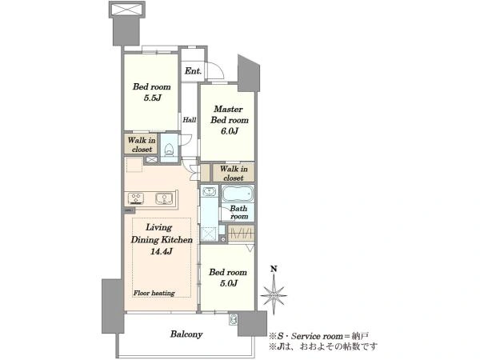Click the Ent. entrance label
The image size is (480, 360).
click(193, 71)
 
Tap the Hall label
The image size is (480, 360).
click(190, 120)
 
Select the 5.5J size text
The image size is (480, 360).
click(152, 98)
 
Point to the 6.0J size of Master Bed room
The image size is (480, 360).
click(230, 131)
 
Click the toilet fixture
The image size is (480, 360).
click(169, 149)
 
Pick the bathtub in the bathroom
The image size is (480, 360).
click(238, 194)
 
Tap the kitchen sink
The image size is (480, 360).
click(164, 198)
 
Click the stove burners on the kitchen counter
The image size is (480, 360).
click(136, 198)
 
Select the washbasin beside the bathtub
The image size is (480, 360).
click(209, 192)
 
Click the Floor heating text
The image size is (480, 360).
click(154, 293)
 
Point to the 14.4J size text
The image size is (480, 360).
click(162, 252)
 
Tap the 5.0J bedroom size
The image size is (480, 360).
click(228, 283)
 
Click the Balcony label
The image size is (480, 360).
click(186, 334)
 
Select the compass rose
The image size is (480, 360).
click(274, 296)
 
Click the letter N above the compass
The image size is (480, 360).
click(274, 269)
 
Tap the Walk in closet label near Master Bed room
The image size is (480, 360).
click(234, 174)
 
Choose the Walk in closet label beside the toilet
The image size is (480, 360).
click(142, 145)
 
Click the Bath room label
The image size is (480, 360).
click(238, 212)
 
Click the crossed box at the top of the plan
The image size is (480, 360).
click(126, 9)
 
